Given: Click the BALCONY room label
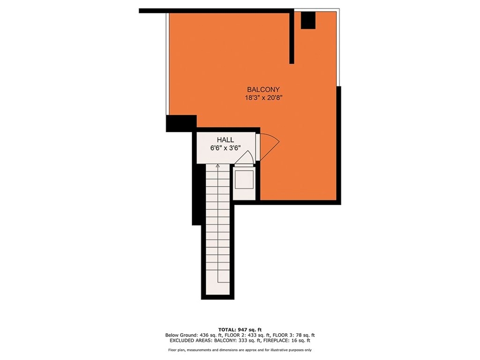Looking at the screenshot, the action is pyautogui.click(x=263, y=90).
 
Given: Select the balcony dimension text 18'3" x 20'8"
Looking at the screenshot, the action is pyautogui.click(x=263, y=98).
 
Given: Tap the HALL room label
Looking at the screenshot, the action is pyautogui.click(x=225, y=140).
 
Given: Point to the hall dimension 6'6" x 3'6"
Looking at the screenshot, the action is pyautogui.click(x=225, y=148).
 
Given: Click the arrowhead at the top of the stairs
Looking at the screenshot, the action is pyautogui.click(x=217, y=165).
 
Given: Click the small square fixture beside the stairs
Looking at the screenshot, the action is pyautogui.click(x=244, y=180).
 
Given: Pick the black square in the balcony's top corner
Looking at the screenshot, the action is pyautogui.click(x=308, y=20).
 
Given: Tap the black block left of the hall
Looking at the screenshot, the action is pyautogui.click(x=181, y=123).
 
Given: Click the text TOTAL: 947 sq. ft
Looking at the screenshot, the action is pyautogui.click(x=240, y=330).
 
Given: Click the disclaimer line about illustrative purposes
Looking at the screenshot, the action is pyautogui.click(x=240, y=350).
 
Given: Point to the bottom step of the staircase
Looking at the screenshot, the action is pyautogui.click(x=217, y=288).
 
